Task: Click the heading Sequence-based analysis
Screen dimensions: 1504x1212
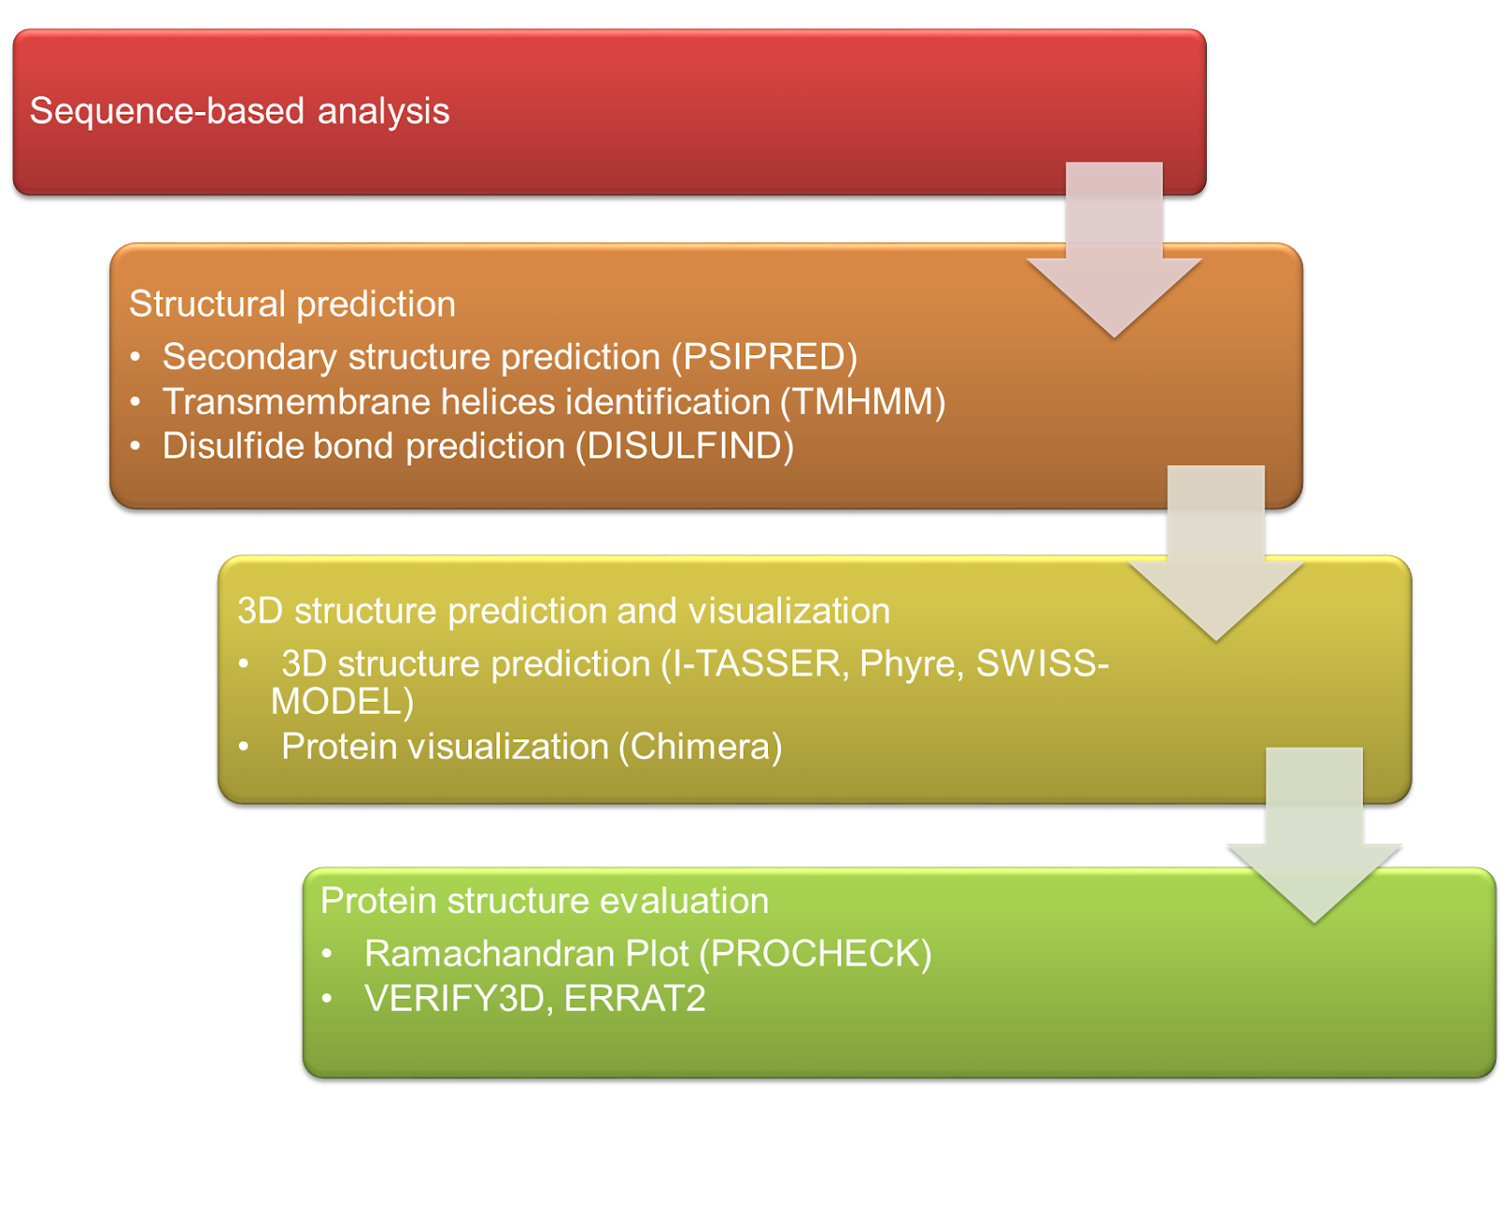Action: pyautogui.click(x=239, y=111)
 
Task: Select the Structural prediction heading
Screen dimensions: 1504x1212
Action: pyautogui.click(x=292, y=303)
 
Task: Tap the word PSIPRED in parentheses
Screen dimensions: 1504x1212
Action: pyautogui.click(x=764, y=357)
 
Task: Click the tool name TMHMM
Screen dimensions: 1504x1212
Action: pyautogui.click(x=862, y=402)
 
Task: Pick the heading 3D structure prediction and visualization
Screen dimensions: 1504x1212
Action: pyautogui.click(x=563, y=611)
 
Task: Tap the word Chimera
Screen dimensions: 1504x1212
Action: pyautogui.click(x=699, y=746)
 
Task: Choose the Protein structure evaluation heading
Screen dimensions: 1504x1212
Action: pyautogui.click(x=544, y=900)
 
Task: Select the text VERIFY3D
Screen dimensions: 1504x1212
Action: pyautogui.click(x=454, y=998)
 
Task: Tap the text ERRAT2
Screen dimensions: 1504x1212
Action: pyautogui.click(x=634, y=998)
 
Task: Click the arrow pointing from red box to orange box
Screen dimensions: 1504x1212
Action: pyautogui.click(x=1114, y=250)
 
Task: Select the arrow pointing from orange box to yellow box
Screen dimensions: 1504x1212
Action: pyautogui.click(x=1216, y=553)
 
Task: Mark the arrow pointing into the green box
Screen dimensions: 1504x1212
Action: pyautogui.click(x=1314, y=835)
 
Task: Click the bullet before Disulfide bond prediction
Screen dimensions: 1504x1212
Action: pyautogui.click(x=134, y=445)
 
